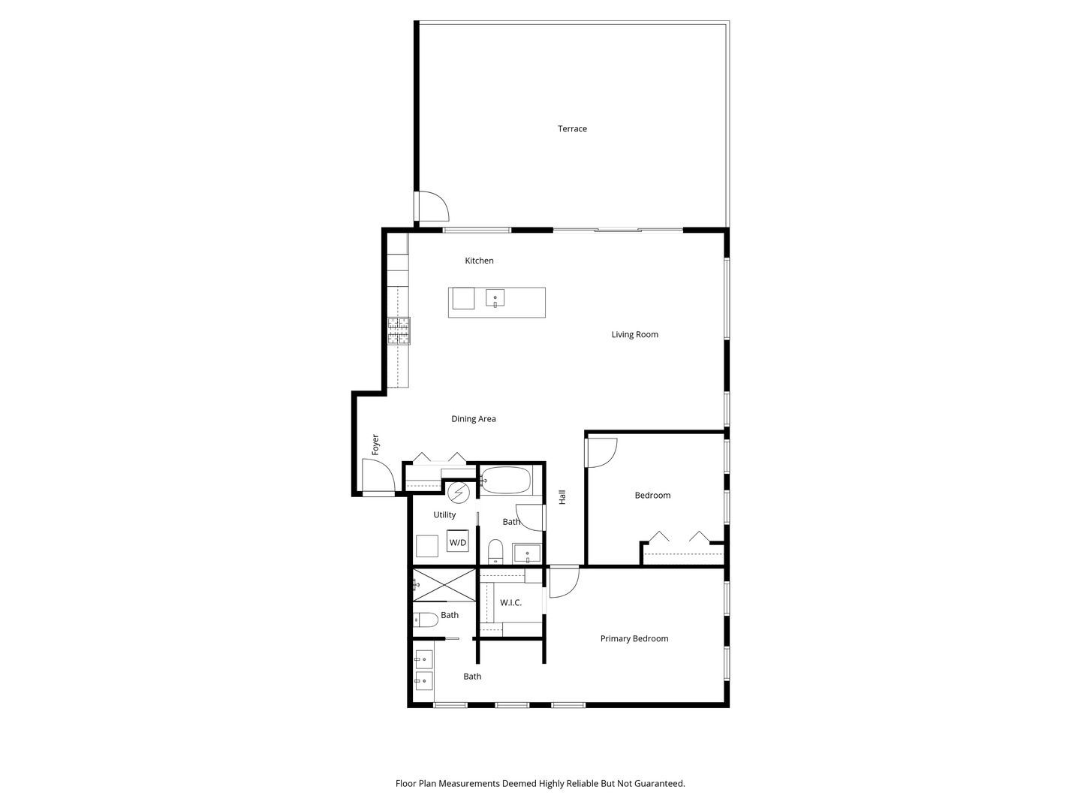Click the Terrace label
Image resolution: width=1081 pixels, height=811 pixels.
coord(572,129)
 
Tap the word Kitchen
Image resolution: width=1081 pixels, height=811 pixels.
coord(479,261)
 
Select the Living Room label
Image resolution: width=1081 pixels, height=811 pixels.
coord(634,335)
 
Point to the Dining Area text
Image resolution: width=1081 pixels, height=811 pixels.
coord(473,419)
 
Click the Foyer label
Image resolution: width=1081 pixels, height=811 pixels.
coord(375,445)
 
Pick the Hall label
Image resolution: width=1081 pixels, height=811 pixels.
coord(562,496)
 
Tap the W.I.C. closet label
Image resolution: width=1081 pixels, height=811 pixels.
coord(510,603)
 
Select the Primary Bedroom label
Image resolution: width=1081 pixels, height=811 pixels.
coord(634,639)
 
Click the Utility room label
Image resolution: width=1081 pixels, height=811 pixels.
coord(444,515)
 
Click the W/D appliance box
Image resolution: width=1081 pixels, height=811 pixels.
coord(457,541)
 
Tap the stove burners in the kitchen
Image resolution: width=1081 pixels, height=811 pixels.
coord(399,331)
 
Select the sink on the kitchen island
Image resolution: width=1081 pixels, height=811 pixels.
coord(495,298)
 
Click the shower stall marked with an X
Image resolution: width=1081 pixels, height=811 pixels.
coord(444,585)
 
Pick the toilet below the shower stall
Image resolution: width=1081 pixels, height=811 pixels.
coord(426,620)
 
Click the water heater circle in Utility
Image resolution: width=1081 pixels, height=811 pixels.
coord(458,493)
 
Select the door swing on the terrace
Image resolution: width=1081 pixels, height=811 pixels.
coord(432,207)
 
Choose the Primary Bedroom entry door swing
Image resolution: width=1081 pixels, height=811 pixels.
coord(564,582)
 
